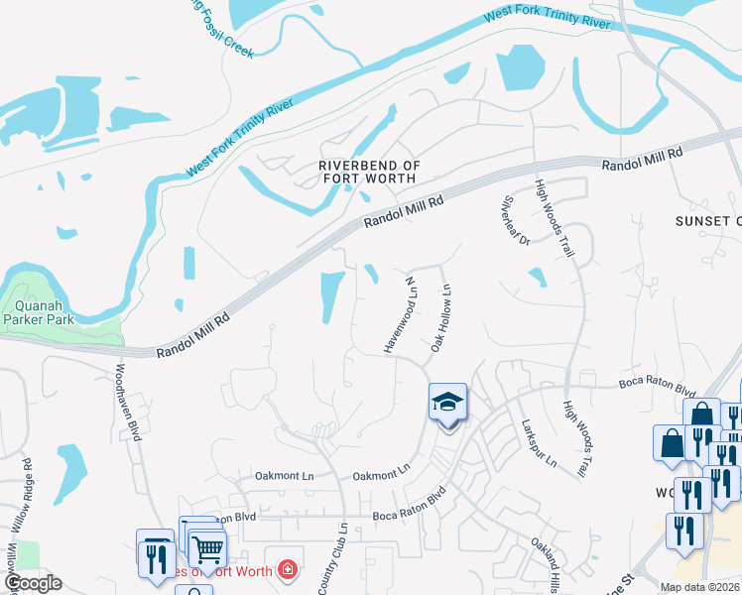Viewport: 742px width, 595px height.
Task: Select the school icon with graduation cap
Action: [447, 403]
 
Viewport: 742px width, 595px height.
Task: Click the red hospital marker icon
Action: [287, 569]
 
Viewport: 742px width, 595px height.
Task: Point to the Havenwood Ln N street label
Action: [398, 314]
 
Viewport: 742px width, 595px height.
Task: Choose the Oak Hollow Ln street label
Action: [441, 318]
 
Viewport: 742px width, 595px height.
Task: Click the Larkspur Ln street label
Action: [539, 442]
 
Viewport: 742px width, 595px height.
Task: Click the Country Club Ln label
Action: [333, 559]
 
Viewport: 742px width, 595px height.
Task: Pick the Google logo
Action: [33, 584]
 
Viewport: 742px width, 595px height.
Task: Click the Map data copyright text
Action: [699, 587]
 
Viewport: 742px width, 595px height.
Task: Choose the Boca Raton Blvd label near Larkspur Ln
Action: [657, 389]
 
